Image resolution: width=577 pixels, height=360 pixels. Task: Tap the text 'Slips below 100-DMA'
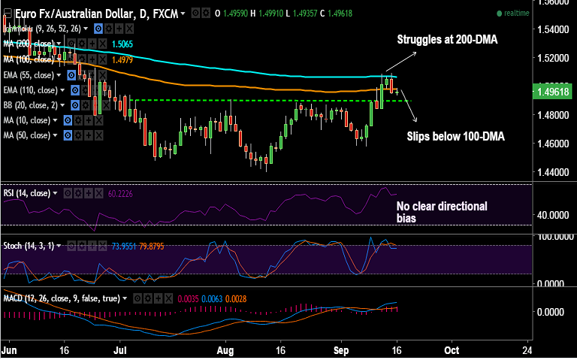tap(455, 137)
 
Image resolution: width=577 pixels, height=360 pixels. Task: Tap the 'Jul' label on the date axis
tap(120, 350)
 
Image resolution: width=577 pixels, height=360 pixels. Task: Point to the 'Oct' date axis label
tap(452, 350)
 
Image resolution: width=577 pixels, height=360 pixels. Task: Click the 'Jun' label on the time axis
tap(10, 350)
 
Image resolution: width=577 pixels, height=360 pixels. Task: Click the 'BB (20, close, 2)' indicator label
tap(30, 105)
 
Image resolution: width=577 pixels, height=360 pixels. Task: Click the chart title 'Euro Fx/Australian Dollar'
tap(61, 14)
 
